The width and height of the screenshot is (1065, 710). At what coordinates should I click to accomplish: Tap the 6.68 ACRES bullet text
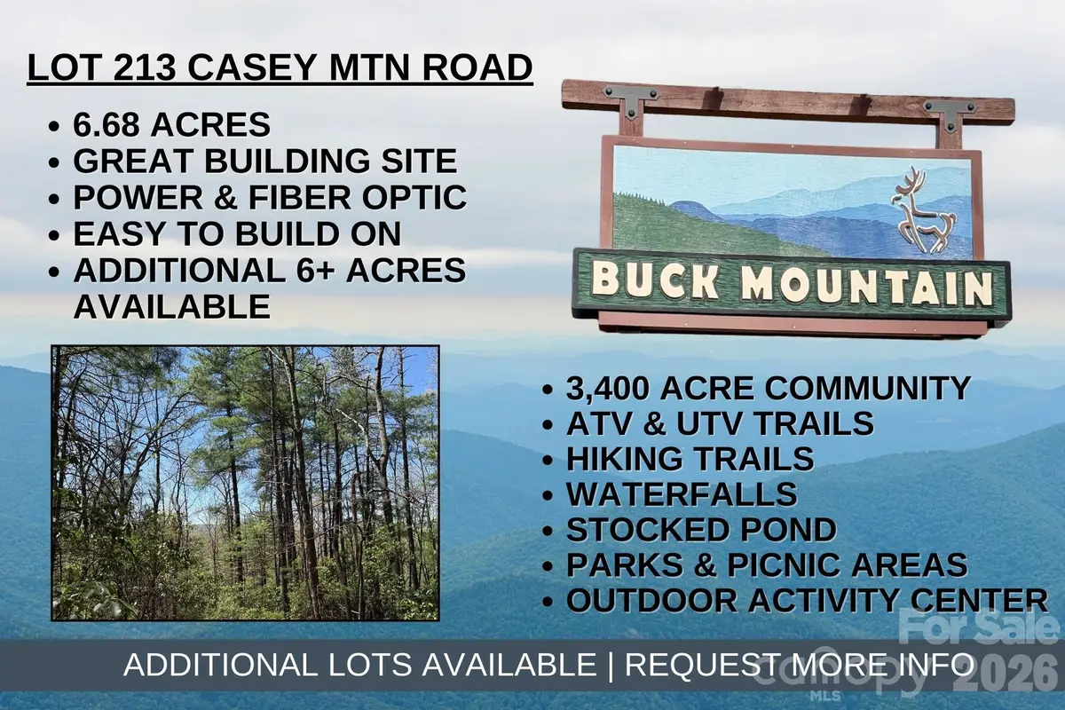click(171, 124)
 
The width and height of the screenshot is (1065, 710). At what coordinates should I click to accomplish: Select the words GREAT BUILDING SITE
click(264, 161)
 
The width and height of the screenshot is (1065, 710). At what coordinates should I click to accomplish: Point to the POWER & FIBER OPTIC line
click(270, 197)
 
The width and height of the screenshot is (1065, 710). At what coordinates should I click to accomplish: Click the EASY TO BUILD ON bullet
click(237, 233)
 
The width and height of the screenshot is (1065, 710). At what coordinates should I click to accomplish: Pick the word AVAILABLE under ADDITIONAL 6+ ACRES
click(171, 306)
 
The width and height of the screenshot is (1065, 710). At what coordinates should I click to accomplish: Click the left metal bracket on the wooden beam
click(630, 101)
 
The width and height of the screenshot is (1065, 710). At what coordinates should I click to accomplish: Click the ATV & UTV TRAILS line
click(720, 423)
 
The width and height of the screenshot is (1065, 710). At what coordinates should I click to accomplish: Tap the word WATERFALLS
click(682, 494)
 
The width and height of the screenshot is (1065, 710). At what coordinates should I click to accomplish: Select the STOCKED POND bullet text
click(701, 530)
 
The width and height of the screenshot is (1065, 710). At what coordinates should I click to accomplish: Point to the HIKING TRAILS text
click(690, 459)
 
